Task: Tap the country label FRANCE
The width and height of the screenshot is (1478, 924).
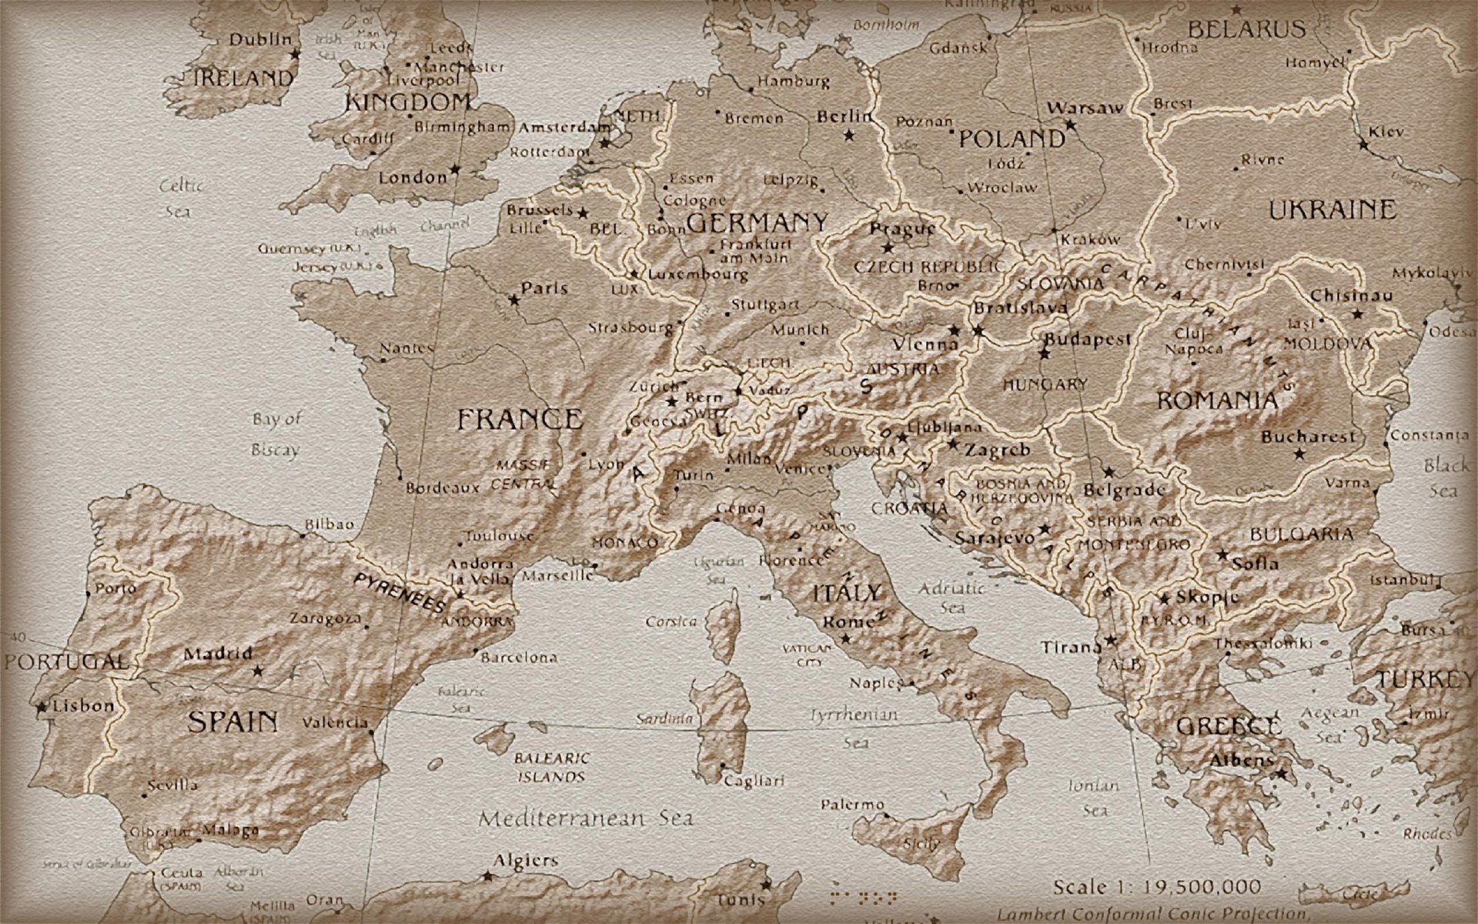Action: (x=520, y=420)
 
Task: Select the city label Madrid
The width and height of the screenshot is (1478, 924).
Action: (x=218, y=654)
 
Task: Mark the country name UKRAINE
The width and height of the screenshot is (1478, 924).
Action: (x=1332, y=209)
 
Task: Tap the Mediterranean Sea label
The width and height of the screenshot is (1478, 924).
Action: (x=586, y=819)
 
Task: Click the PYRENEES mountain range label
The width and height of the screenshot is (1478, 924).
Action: (x=400, y=592)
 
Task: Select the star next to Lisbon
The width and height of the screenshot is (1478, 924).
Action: (x=40, y=705)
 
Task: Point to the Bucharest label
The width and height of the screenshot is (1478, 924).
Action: (x=1308, y=437)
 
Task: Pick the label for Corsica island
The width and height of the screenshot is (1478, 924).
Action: (x=671, y=621)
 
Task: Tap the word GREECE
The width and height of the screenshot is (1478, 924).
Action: (x=1229, y=726)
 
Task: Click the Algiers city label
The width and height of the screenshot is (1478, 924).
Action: (x=526, y=861)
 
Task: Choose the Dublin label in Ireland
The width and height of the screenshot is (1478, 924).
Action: (x=262, y=39)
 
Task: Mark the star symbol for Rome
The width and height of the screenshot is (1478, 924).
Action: (x=845, y=638)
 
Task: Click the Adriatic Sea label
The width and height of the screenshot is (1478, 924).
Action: (x=952, y=598)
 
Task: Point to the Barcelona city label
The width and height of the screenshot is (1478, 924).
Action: (x=519, y=658)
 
